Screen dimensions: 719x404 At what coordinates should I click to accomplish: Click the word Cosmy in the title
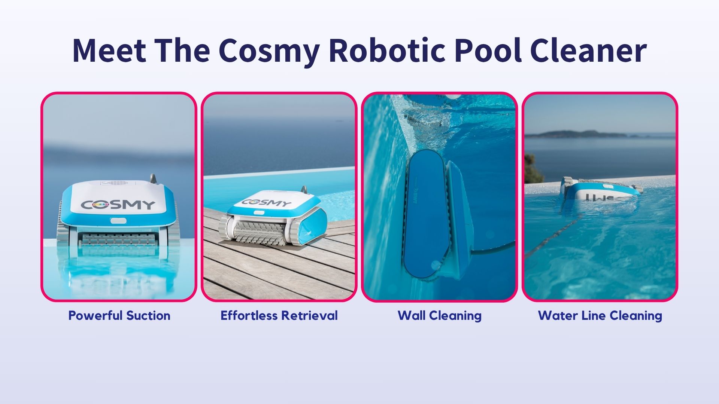click(269, 50)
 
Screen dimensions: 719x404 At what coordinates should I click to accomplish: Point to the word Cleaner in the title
click(588, 50)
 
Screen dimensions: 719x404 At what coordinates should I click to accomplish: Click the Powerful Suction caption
click(119, 315)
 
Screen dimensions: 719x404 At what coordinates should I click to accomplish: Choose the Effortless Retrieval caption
click(279, 315)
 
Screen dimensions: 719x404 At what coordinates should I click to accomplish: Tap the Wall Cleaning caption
click(440, 316)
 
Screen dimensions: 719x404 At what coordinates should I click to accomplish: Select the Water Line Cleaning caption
click(600, 316)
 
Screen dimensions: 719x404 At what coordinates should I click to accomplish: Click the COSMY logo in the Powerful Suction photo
click(118, 205)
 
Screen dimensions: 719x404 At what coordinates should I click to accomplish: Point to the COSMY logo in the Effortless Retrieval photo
click(266, 203)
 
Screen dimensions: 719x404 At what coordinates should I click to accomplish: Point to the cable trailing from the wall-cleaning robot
click(494, 248)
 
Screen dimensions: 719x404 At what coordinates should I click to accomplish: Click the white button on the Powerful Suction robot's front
click(118, 221)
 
